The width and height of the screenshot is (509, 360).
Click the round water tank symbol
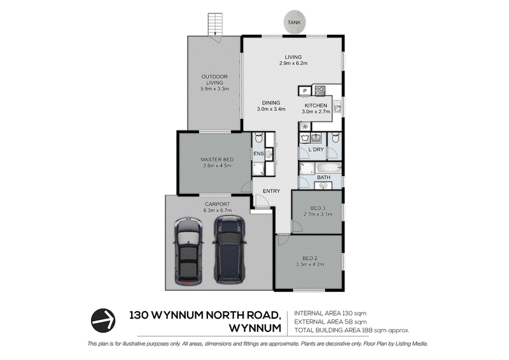(x=294, y=22)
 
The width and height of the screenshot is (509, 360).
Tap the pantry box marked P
(x=305, y=91)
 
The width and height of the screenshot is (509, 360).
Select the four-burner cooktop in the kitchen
(x=320, y=90)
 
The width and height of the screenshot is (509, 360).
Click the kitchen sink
(x=337, y=106)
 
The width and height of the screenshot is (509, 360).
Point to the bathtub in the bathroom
(x=328, y=168)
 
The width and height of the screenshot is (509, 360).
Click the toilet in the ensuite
(x=258, y=138)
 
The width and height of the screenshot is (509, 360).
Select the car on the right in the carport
(x=229, y=249)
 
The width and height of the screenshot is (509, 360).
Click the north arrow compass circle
(x=103, y=321)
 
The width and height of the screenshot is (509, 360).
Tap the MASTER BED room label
(x=217, y=160)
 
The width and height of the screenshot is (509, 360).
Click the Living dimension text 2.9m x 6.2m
(x=293, y=64)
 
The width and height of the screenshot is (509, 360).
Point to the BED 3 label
(x=317, y=208)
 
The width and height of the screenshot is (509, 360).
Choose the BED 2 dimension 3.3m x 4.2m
(x=310, y=264)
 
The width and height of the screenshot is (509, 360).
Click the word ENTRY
(x=272, y=191)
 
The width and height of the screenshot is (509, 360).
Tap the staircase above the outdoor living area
(x=215, y=25)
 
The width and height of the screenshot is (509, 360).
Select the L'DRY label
(x=316, y=149)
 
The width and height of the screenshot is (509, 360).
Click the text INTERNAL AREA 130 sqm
(x=330, y=314)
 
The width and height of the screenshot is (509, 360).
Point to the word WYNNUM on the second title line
(x=255, y=328)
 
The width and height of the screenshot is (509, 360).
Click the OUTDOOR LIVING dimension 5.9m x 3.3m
(x=214, y=88)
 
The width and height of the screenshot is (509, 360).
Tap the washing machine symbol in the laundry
(x=305, y=138)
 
